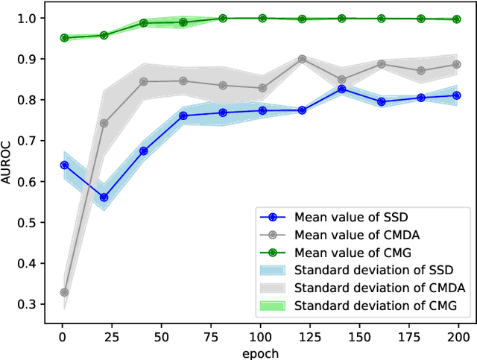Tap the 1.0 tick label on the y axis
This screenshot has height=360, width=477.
(x=28, y=18)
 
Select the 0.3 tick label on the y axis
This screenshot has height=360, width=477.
(x=28, y=304)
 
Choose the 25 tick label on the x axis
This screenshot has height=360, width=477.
(x=113, y=337)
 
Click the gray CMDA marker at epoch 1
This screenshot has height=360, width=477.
(x=64, y=292)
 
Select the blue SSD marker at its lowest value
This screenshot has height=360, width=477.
(x=104, y=198)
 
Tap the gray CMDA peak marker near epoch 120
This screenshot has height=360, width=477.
(x=302, y=58)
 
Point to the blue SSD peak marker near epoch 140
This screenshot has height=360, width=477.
(x=341, y=89)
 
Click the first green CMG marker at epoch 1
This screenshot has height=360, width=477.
(x=64, y=37)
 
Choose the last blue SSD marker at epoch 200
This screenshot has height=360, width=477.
(x=456, y=95)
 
